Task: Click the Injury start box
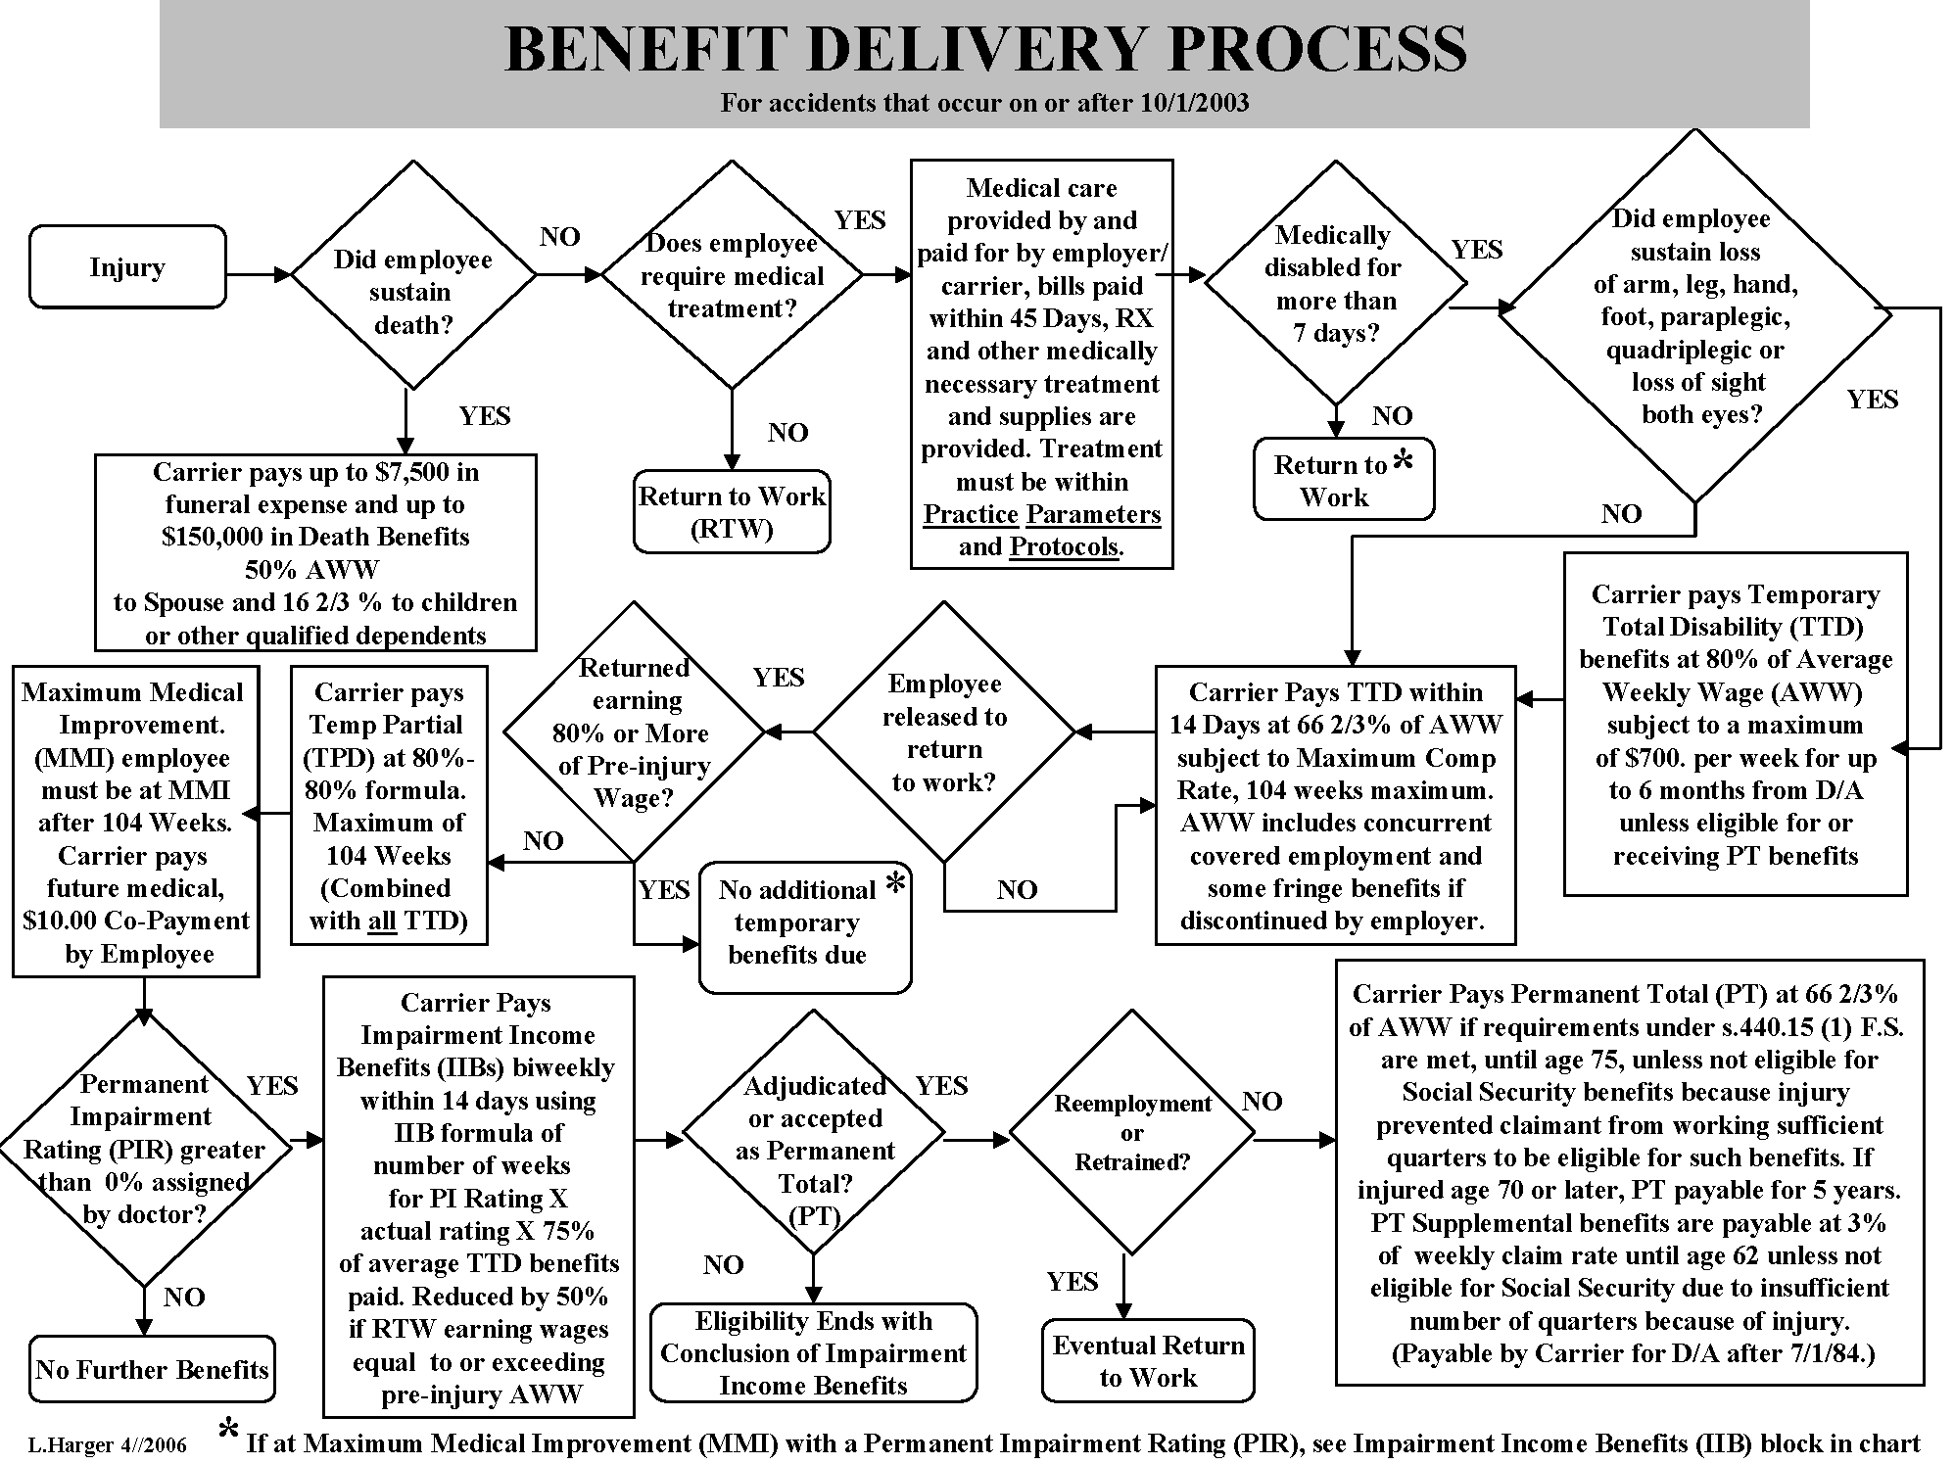pyautogui.click(x=127, y=267)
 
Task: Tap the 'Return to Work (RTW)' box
pyautogui.click(x=732, y=512)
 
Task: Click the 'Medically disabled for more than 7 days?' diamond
pyautogui.click(x=1334, y=283)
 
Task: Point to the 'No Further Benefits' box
pyautogui.click(x=152, y=1369)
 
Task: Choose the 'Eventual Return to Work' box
pyautogui.click(x=1148, y=1361)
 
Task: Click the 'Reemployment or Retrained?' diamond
pyautogui.click(x=1131, y=1133)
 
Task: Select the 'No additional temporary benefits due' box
pyautogui.click(x=804, y=922)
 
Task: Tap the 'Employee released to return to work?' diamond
pyautogui.click(x=943, y=732)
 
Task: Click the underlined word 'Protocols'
pyautogui.click(x=1064, y=546)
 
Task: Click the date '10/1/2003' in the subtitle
pyautogui.click(x=1194, y=103)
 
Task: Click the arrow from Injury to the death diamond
pyautogui.click(x=259, y=275)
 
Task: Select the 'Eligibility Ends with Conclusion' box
pyautogui.click(x=813, y=1353)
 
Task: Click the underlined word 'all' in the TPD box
pyautogui.click(x=382, y=921)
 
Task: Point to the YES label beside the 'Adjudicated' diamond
pyautogui.click(x=941, y=1085)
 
